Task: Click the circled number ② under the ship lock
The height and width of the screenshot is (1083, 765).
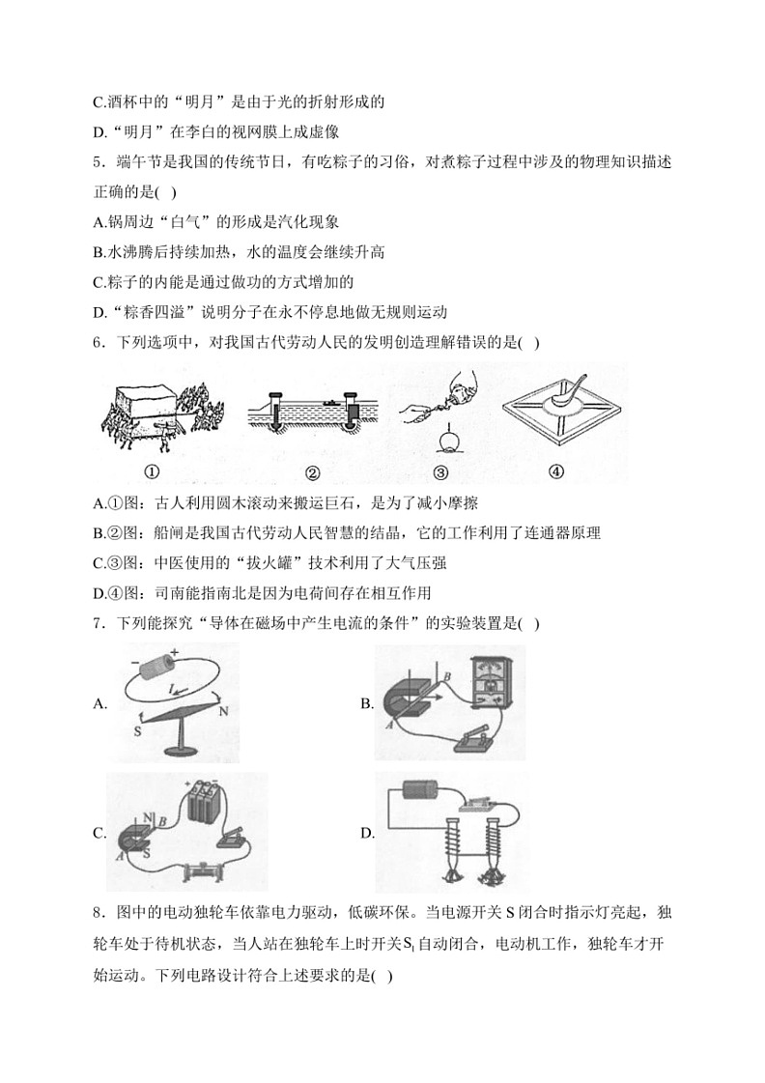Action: point(312,473)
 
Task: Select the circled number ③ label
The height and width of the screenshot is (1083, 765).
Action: point(441,473)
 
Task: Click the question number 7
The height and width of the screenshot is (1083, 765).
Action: point(98,623)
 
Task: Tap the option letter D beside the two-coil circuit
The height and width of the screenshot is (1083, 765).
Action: point(366,833)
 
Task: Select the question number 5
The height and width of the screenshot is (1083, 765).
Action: point(98,160)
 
